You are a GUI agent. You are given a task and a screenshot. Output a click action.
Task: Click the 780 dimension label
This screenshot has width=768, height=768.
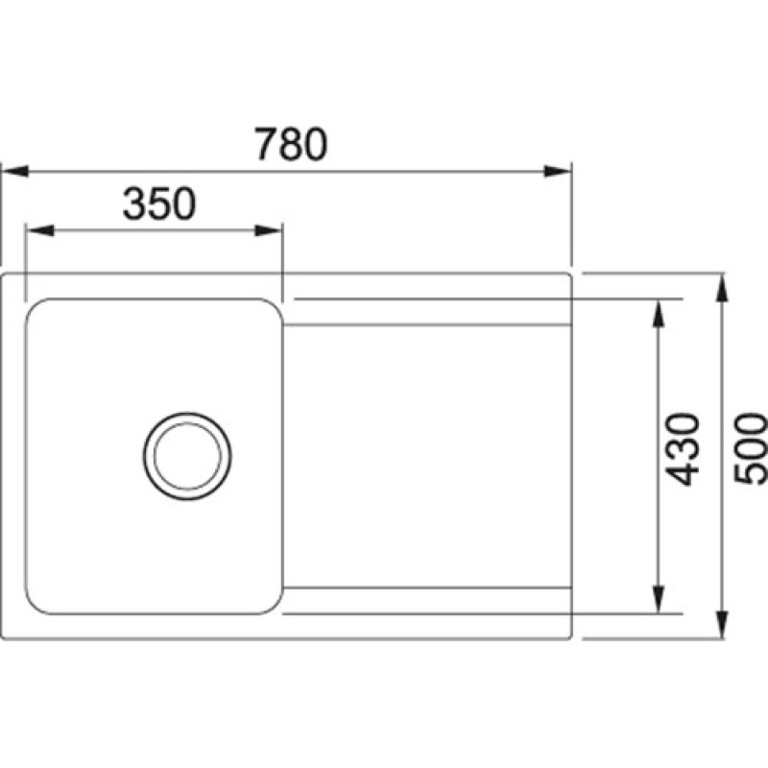click(x=292, y=144)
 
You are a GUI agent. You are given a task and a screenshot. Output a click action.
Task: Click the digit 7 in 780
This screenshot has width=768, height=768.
click(x=267, y=144)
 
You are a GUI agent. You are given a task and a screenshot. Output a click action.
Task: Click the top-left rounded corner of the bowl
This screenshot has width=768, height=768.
click(x=36, y=310)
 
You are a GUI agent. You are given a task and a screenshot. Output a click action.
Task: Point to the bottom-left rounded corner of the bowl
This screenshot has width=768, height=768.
click(x=36, y=603)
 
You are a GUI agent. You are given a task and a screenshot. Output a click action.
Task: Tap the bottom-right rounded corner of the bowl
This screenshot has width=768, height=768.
click(x=272, y=603)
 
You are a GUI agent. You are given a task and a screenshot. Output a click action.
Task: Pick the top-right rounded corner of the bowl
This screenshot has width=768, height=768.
click(x=272, y=309)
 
